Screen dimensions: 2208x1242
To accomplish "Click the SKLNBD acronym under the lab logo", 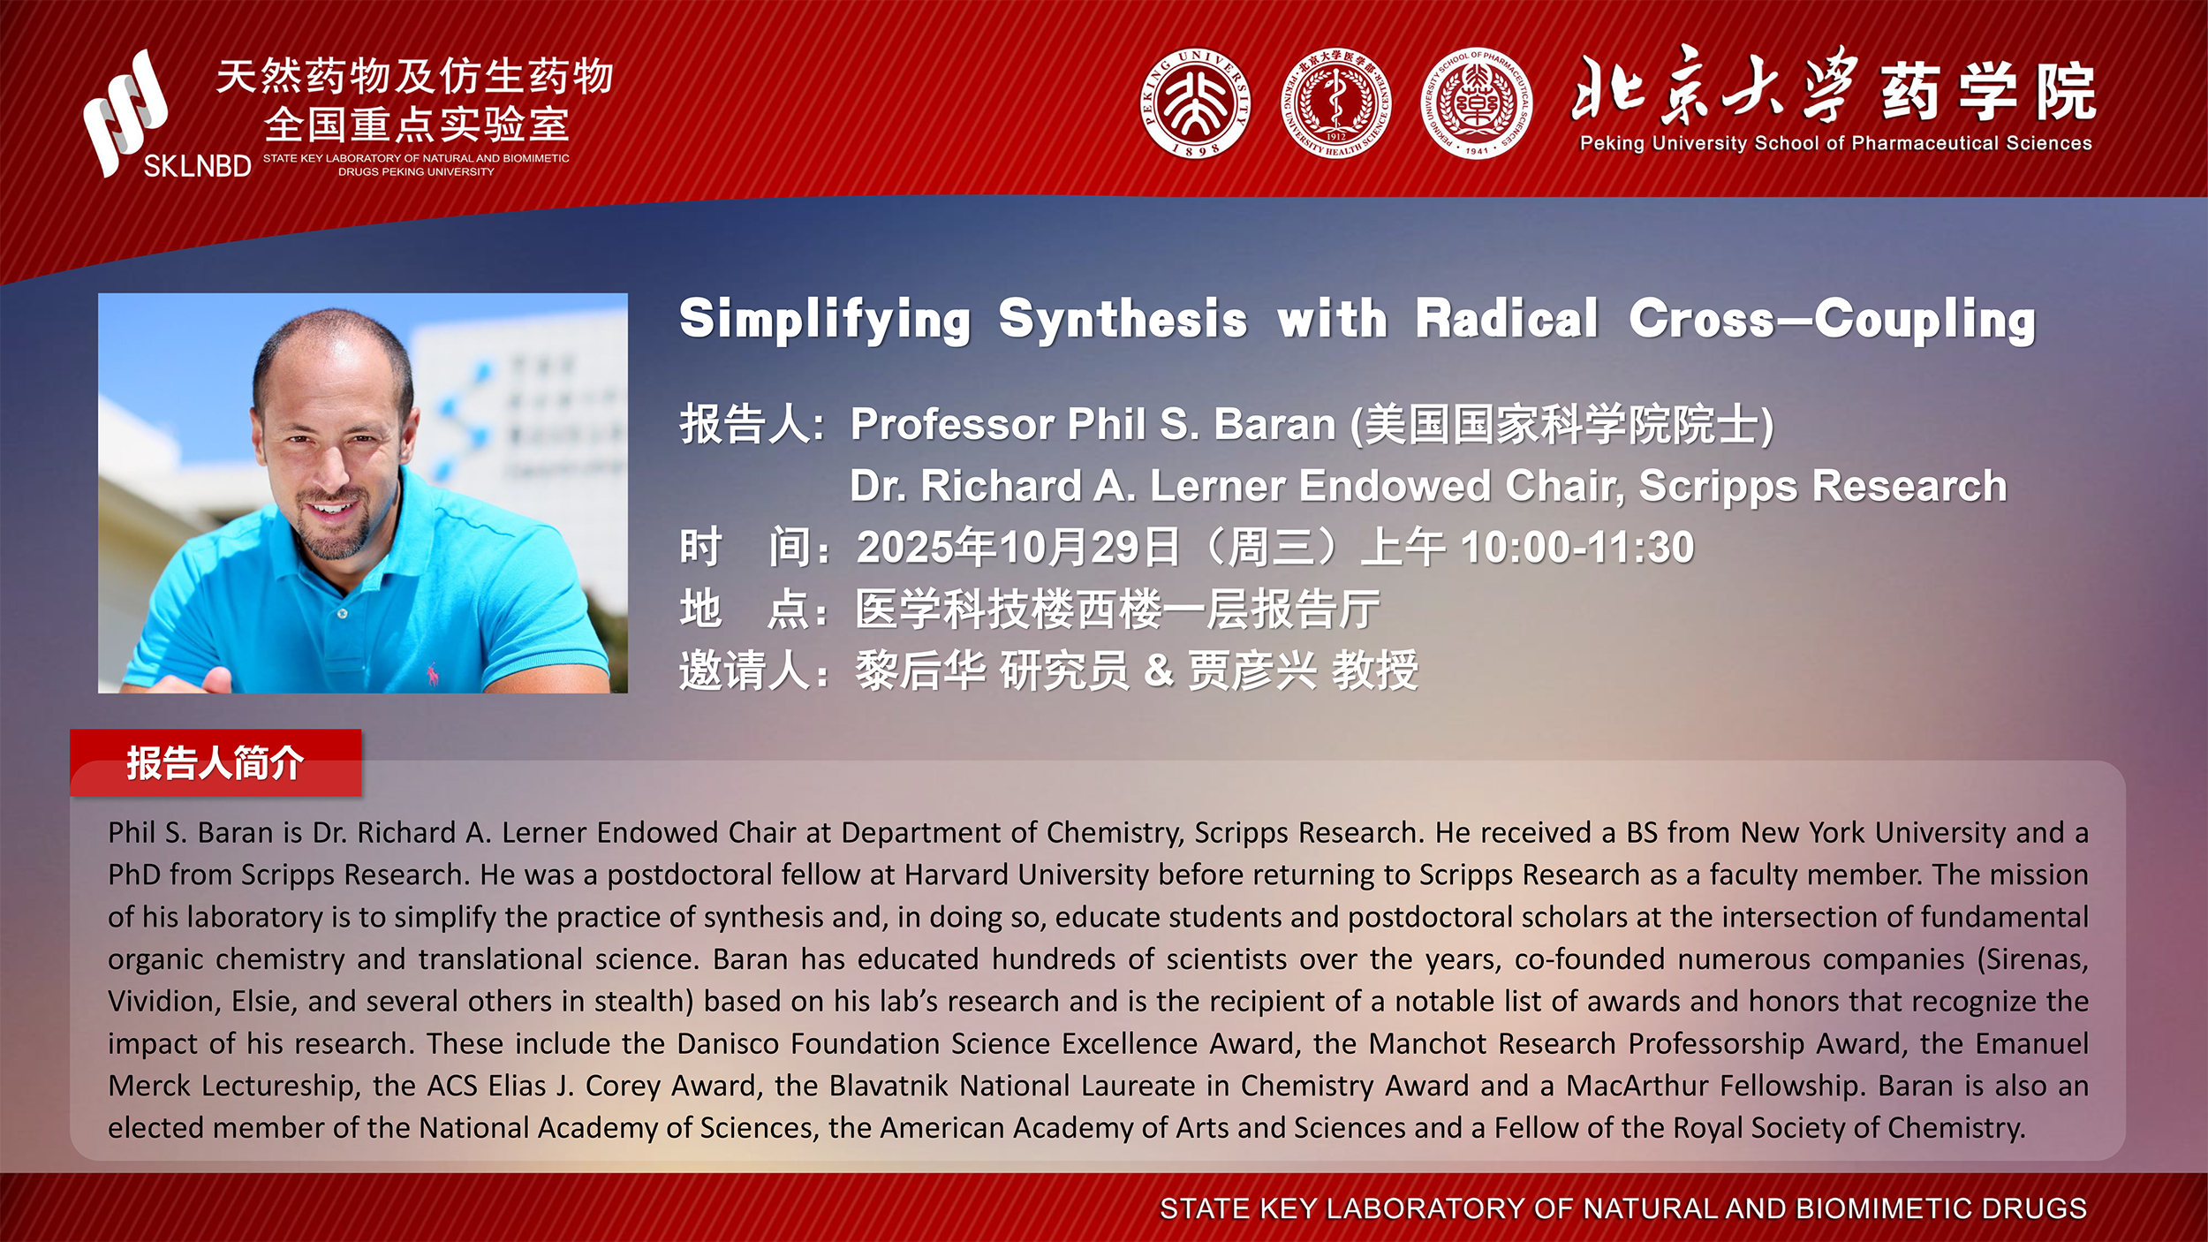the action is [x=197, y=166].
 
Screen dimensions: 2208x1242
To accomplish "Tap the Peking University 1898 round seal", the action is [x=1195, y=103].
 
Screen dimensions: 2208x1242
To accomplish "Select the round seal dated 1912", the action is [x=1335, y=103].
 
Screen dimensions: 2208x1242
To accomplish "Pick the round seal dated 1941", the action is [x=1477, y=103].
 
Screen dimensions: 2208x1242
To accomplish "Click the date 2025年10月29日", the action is [x=1018, y=548].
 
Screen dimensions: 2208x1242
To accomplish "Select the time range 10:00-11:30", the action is [x=1577, y=548].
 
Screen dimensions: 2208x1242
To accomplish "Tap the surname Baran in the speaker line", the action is [x=1274, y=425].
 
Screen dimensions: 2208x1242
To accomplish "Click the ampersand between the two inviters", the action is [x=1159, y=670].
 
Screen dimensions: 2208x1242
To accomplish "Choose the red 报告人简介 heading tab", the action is [x=216, y=763].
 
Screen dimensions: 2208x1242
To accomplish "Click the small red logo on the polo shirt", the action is [x=432, y=675].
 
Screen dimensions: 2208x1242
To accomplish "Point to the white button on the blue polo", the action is [x=342, y=613].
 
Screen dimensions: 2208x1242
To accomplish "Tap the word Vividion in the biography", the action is [x=163, y=1002].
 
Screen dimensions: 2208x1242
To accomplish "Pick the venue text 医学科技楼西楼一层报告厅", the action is [x=1117, y=610].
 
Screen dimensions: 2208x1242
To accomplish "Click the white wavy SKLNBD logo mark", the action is [x=125, y=112].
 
